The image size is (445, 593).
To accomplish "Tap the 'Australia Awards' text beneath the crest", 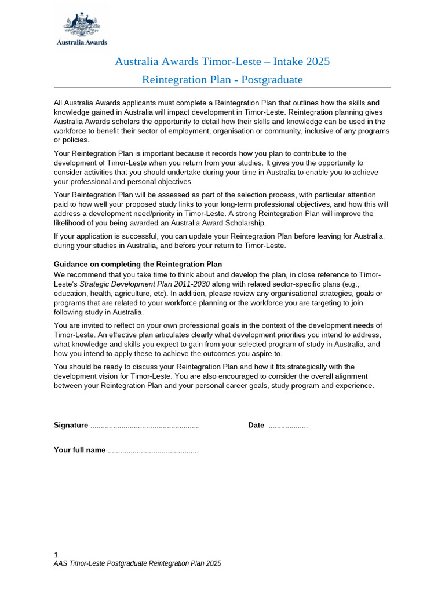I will click(81, 42).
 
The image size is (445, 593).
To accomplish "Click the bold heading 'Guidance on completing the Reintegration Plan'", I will click(138, 264).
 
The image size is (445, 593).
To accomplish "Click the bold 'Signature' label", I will click(71, 425).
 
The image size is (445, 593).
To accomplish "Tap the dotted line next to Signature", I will click(145, 426).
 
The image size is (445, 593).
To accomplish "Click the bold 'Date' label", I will click(256, 425).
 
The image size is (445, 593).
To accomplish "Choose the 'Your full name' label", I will click(79, 450).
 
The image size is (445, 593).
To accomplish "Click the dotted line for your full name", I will click(153, 451).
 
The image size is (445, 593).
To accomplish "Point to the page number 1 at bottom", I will click(56, 554).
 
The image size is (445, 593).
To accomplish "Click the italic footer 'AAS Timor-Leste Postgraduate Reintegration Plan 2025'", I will click(137, 563).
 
